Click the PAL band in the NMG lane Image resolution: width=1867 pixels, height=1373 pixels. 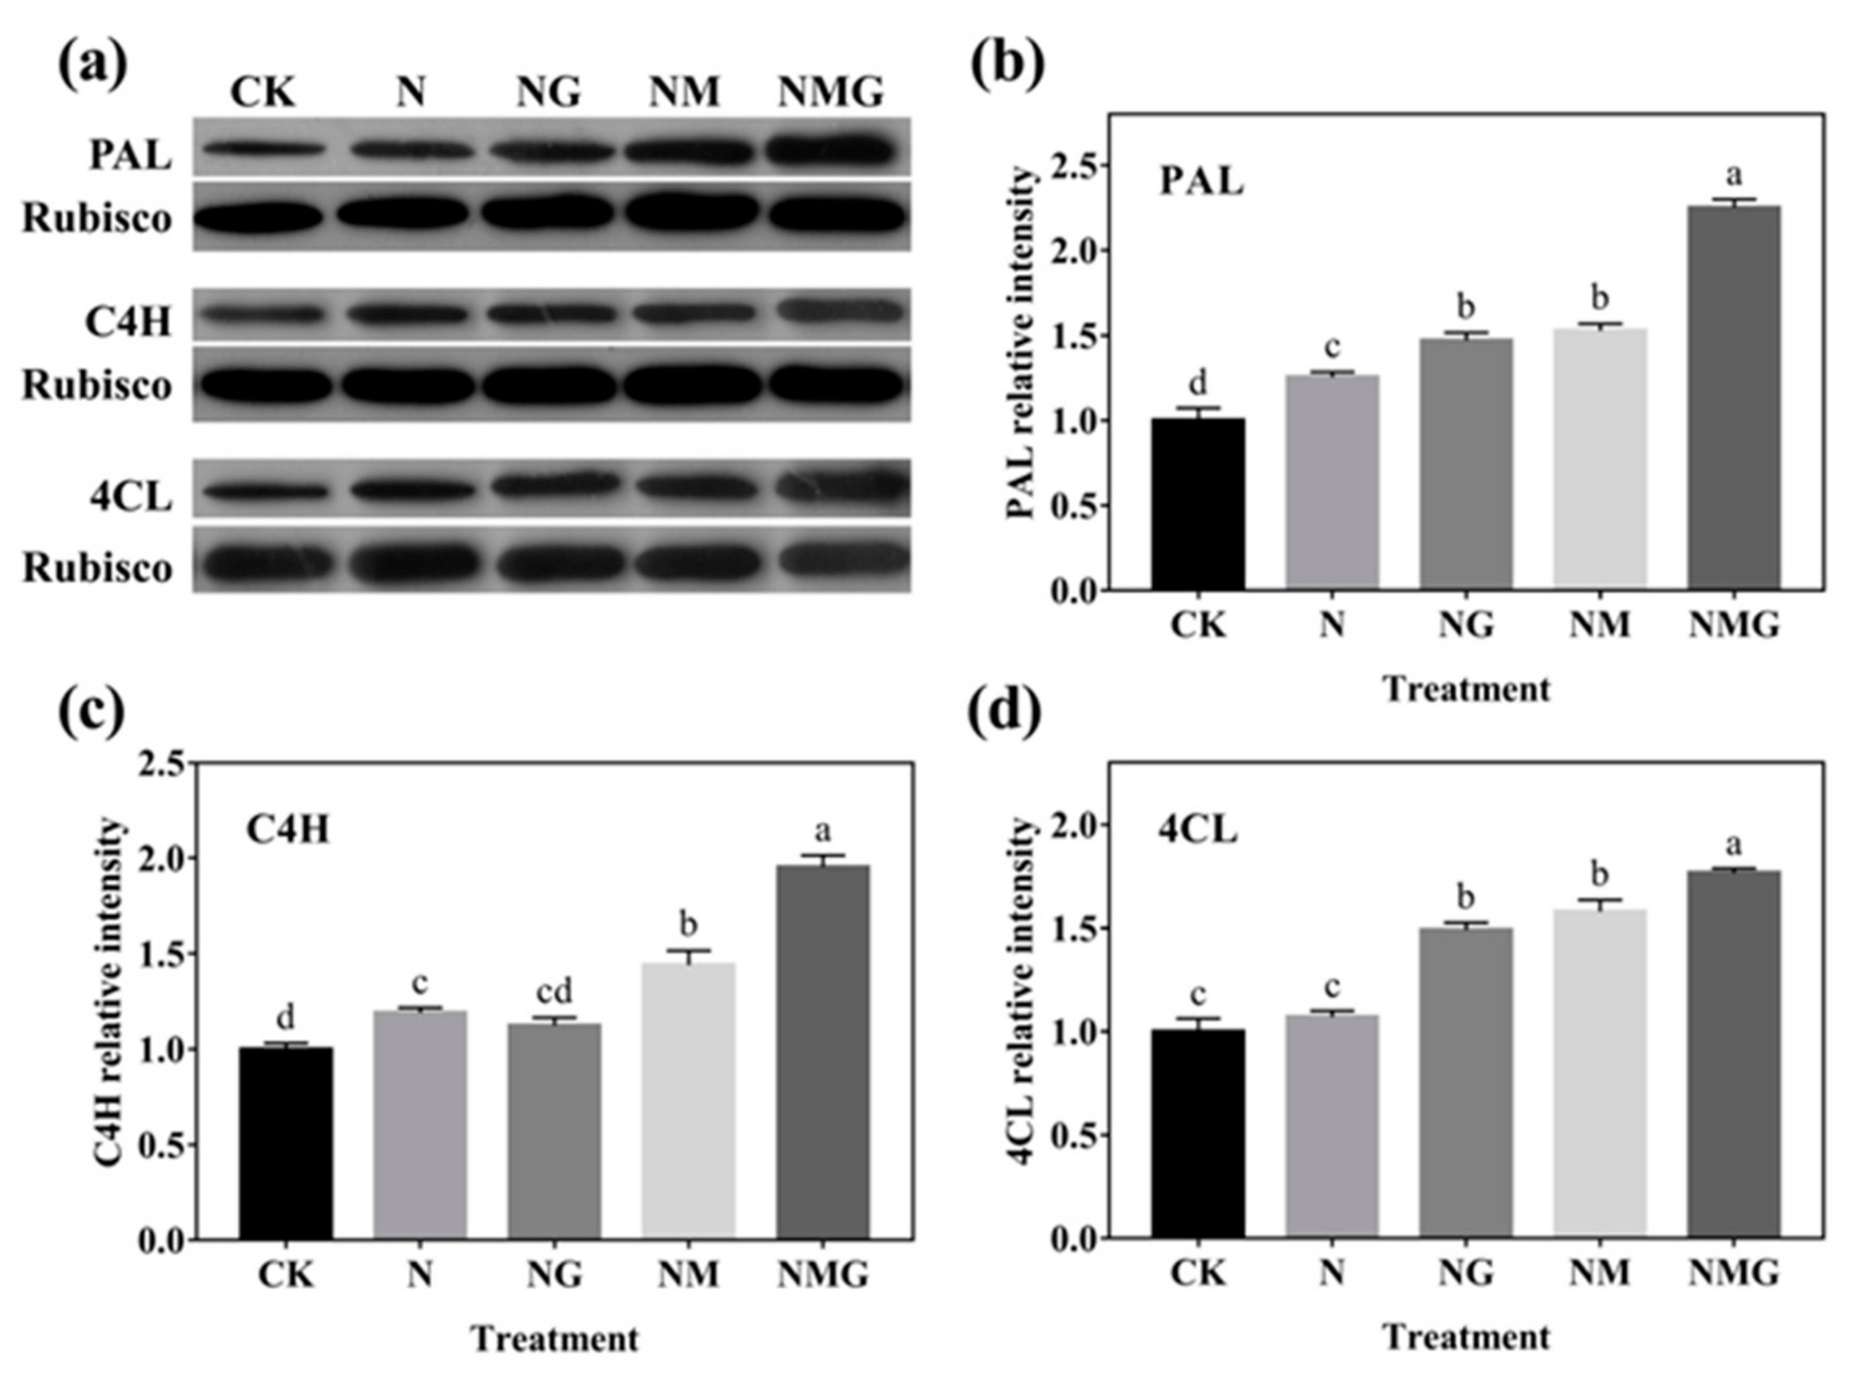pos(830,150)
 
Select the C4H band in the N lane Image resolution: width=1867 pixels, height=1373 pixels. pos(407,316)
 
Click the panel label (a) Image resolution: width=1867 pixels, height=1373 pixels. pos(92,64)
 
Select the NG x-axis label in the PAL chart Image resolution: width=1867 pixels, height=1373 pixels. pos(1466,624)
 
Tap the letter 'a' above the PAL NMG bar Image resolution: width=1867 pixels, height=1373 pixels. pos(1734,174)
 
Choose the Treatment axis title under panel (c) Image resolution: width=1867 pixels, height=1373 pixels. pos(555,1339)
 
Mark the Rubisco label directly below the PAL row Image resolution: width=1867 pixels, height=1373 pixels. pos(97,219)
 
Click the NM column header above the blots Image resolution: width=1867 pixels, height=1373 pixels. pos(683,91)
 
